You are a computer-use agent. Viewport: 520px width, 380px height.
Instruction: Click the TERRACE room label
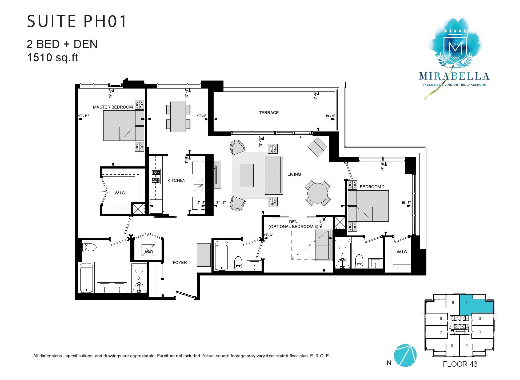269,113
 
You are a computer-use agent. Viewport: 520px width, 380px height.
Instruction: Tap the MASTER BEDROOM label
113,107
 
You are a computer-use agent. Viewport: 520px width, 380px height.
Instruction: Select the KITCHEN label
176,181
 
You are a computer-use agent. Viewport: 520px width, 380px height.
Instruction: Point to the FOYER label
180,263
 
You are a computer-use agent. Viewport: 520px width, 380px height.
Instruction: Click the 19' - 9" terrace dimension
330,116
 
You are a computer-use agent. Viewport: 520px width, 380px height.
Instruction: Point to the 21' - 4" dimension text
221,203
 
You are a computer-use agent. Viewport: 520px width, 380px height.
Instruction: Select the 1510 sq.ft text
52,57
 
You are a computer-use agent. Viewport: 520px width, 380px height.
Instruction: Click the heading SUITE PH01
77,22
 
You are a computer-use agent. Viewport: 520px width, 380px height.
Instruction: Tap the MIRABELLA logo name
454,76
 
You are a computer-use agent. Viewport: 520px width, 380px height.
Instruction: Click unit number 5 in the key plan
467,345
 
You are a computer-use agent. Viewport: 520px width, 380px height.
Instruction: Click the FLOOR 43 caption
460,364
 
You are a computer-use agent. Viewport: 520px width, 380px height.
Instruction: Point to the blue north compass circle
405,355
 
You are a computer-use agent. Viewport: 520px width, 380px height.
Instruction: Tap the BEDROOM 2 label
372,187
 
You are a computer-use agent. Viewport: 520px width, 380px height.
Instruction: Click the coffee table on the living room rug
247,176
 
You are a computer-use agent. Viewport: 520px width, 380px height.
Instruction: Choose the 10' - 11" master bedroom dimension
83,116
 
